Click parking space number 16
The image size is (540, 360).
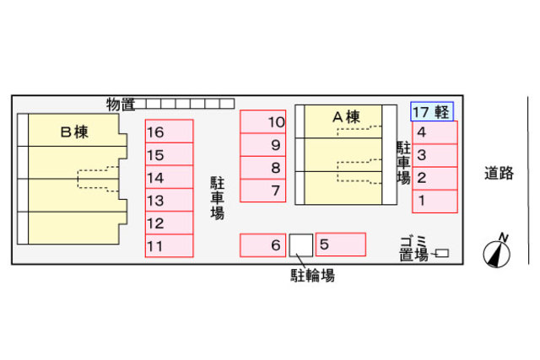pos(169,132)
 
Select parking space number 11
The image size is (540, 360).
pos(169,246)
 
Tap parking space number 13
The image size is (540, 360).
pos(169,201)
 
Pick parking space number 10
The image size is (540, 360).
pos(263,122)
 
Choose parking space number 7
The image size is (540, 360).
pos(263,191)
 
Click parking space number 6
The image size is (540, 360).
pos(263,245)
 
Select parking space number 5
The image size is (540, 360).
pos(340,245)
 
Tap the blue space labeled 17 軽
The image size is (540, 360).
pos(433,111)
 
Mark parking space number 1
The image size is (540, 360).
pos(435,201)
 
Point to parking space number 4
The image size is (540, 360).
pos(435,132)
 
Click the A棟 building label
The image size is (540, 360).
pos(346,117)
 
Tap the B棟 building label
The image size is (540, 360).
pos(74,132)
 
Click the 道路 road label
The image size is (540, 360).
pos(499,174)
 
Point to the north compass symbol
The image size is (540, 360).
pos(497,251)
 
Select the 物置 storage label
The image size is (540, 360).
pos(121,104)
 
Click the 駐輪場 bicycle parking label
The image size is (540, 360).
pos(313,275)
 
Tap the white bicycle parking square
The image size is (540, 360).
pos(301,245)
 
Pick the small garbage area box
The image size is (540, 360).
pos(442,253)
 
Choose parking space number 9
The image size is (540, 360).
pos(263,145)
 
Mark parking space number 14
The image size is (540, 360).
pos(169,177)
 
